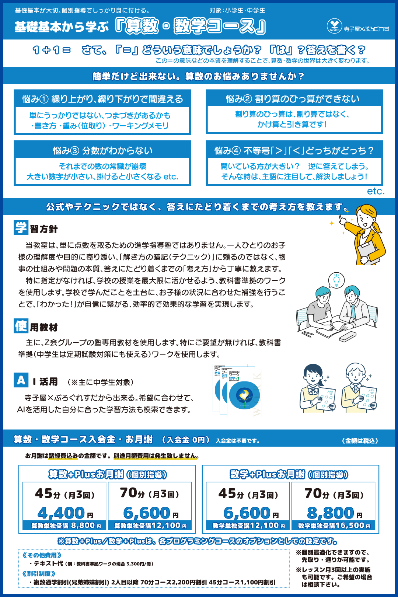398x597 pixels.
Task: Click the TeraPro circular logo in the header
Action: pos(334,26)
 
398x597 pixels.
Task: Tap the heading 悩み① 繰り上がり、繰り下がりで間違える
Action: pos(102,99)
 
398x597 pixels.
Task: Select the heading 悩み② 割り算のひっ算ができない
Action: pos(293,99)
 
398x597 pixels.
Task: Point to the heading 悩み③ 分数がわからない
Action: pos(102,151)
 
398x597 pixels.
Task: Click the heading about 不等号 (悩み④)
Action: pos(294,151)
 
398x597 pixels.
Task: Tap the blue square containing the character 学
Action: pos(21,228)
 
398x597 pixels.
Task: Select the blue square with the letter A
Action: pos(21,380)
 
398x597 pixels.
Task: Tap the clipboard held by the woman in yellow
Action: pos(368,252)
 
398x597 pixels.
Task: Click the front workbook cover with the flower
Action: pos(244,393)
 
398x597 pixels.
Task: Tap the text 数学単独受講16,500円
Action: pos(334,525)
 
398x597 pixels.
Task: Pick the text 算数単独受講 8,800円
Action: pos(66,525)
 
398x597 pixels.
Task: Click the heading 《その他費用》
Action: pos(42,555)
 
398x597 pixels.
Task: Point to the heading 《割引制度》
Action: pos(39,573)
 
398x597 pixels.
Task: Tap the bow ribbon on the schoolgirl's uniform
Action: pos(313,391)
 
